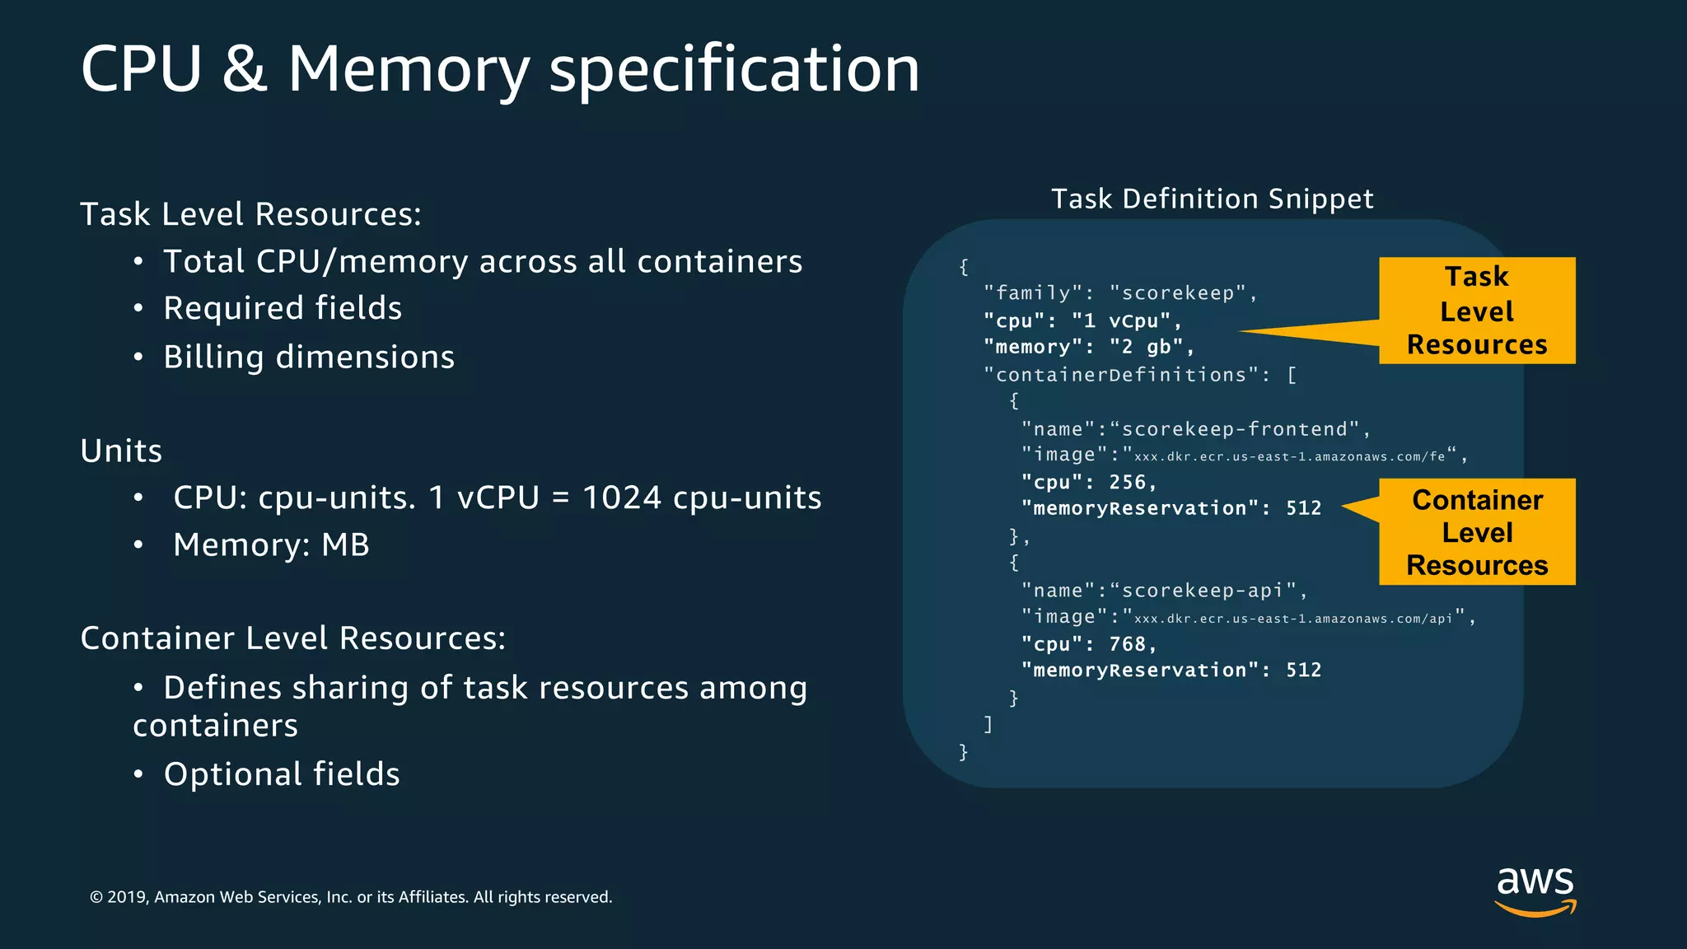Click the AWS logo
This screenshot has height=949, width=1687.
(1535, 891)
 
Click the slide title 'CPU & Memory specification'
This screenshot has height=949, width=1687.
(500, 69)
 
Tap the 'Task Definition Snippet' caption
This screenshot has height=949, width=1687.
(1212, 199)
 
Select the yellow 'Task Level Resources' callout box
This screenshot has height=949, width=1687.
(1477, 311)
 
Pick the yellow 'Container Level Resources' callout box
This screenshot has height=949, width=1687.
(1477, 532)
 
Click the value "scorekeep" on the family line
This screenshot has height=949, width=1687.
(1178, 293)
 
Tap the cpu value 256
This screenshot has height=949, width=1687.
(1127, 482)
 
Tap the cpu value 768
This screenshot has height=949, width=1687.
(1127, 644)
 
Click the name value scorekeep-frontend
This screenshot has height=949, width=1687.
(1236, 429)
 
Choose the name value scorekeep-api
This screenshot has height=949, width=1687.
(1203, 591)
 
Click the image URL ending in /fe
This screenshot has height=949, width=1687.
(1289, 456)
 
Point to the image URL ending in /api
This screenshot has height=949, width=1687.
(1292, 619)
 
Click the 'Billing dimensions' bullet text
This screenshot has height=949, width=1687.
(309, 357)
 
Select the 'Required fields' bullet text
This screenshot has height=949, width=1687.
(283, 308)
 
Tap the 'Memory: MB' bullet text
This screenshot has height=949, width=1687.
(271, 545)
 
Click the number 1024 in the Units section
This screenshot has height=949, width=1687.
(622, 498)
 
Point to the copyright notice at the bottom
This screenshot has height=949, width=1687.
(351, 897)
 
